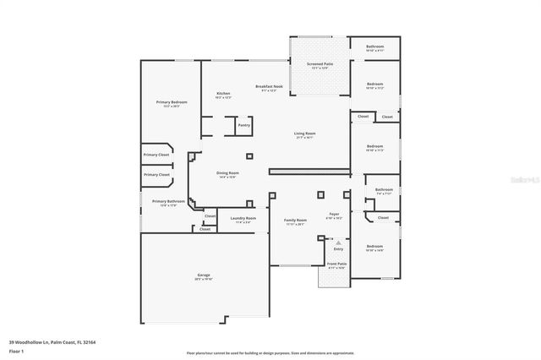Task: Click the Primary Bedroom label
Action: pos(172,102)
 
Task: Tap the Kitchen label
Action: pos(223,94)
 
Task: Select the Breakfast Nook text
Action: pos(268,86)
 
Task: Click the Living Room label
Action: pos(304,133)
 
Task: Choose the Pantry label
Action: pos(243,125)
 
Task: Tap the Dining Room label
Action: pos(227,173)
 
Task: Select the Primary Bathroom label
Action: pos(168,201)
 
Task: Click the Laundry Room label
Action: pos(243,219)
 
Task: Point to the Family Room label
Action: pos(295,220)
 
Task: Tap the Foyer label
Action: pos(334,215)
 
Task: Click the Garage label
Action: pos(204,275)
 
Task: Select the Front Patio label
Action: pos(336,265)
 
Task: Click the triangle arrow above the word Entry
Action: pos(338,242)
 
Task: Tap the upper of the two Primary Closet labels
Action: pos(156,155)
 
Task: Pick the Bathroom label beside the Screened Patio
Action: pos(374,46)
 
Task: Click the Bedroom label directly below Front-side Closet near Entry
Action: pos(374,246)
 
